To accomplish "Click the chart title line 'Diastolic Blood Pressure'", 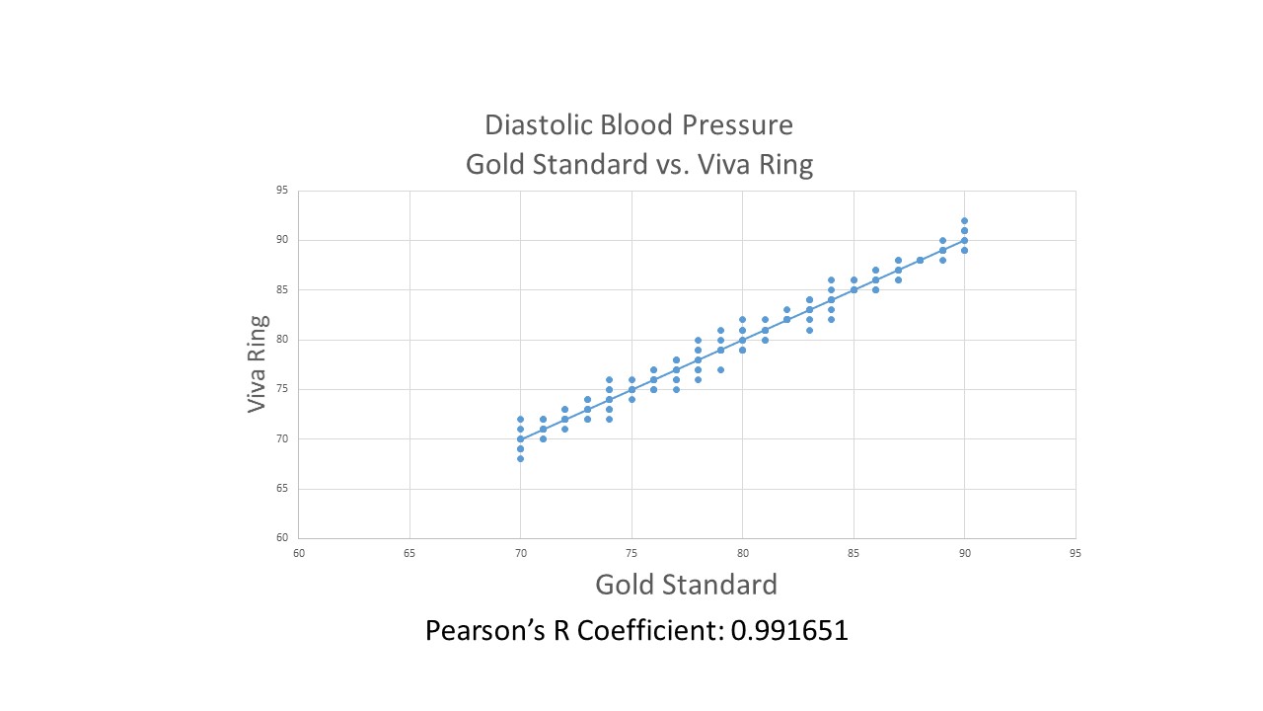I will pos(638,125).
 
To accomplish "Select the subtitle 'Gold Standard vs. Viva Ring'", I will pos(638,164).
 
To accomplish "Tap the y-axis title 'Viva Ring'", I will pos(258,363).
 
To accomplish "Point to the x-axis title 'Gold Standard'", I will pos(686,585).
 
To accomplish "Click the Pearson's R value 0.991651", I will pos(789,630).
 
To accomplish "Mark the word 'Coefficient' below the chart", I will pos(643,630).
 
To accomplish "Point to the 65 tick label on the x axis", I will pos(409,553).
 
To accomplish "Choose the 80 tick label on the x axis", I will pos(742,553).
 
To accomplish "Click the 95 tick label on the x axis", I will pos(1076,553).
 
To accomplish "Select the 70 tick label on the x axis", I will pos(520,553).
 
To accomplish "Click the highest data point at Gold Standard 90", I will pos(964,220).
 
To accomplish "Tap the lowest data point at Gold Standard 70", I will pos(520,458).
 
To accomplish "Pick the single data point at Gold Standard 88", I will pos(920,260).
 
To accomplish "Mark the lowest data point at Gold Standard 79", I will pos(720,369).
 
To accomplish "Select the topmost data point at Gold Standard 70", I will pos(520,419).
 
